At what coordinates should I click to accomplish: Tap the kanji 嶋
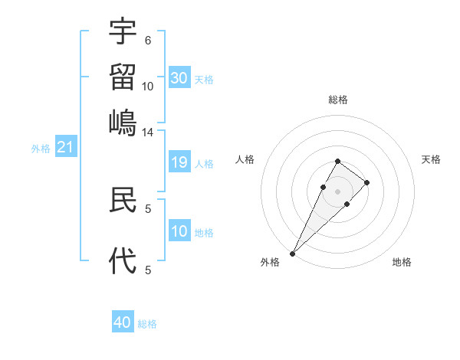(x=123, y=121)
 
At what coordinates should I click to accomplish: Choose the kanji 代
(x=123, y=260)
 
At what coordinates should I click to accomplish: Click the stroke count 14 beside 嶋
(x=148, y=132)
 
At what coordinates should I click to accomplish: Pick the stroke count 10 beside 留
(x=148, y=87)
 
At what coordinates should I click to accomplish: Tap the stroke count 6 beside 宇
(x=148, y=40)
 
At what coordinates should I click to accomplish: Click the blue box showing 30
(x=179, y=78)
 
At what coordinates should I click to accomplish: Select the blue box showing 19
(x=179, y=162)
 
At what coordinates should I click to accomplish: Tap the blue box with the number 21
(x=64, y=147)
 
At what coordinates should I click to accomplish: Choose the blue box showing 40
(x=123, y=322)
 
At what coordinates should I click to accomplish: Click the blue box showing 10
(x=179, y=231)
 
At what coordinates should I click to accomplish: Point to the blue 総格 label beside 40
(x=147, y=324)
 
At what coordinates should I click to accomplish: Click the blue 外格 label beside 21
(x=41, y=149)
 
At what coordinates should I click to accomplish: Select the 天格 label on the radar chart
(x=431, y=159)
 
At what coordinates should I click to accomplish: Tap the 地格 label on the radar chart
(x=402, y=263)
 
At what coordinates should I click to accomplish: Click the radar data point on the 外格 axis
(x=292, y=253)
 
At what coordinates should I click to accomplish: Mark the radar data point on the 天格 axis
(x=367, y=182)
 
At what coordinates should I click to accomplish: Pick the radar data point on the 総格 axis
(x=337, y=161)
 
